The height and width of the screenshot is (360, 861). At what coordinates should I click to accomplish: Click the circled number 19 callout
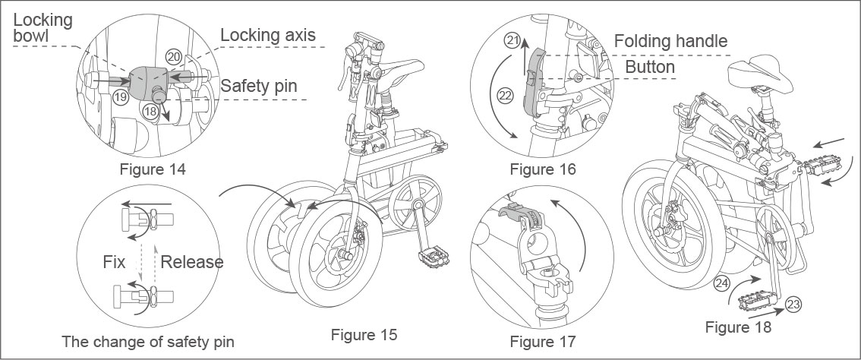(120, 97)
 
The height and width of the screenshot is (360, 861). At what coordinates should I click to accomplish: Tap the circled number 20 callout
(174, 56)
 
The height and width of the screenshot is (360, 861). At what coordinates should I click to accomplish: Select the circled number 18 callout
(152, 110)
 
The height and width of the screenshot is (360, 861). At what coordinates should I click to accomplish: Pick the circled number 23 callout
(793, 304)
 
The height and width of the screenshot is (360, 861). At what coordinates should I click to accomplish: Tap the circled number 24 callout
(723, 284)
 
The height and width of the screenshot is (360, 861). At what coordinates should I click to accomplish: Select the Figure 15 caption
(364, 334)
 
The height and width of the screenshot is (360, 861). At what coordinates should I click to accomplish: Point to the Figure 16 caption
(542, 169)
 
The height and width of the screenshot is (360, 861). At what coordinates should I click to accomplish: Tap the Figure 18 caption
(738, 327)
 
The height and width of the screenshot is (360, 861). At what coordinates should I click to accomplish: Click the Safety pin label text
(262, 86)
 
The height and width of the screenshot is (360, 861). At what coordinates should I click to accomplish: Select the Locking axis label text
(267, 35)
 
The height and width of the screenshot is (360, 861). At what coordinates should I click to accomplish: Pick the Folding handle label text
(670, 41)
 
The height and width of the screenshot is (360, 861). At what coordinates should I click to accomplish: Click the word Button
(650, 67)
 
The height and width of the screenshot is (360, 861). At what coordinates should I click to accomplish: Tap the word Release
(192, 262)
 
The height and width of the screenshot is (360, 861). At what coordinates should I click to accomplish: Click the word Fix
(114, 262)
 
